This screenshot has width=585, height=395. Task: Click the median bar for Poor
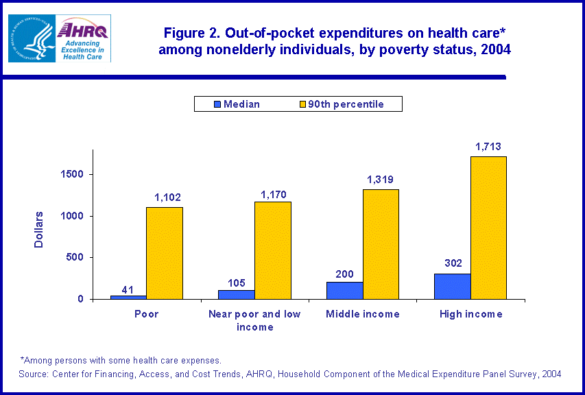click(x=128, y=297)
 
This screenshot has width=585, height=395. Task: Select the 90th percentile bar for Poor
click(x=165, y=253)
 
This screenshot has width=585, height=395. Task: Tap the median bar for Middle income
click(x=345, y=290)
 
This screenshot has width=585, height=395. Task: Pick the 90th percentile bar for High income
click(x=488, y=228)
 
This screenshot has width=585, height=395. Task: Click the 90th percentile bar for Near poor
click(x=273, y=250)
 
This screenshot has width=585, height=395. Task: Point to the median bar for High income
click(x=453, y=286)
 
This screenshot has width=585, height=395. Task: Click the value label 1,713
click(x=488, y=146)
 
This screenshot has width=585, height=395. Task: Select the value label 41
click(x=128, y=289)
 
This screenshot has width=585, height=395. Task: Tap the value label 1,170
click(x=273, y=195)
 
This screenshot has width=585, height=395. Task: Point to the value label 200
click(x=345, y=274)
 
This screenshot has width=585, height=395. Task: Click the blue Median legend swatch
click(x=218, y=104)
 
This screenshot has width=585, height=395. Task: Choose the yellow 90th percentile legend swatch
click(x=300, y=104)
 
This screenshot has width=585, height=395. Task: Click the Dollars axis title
click(x=39, y=230)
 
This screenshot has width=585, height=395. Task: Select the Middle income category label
click(x=363, y=314)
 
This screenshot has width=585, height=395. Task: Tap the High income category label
click(x=470, y=314)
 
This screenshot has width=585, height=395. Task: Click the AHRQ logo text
click(x=83, y=29)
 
